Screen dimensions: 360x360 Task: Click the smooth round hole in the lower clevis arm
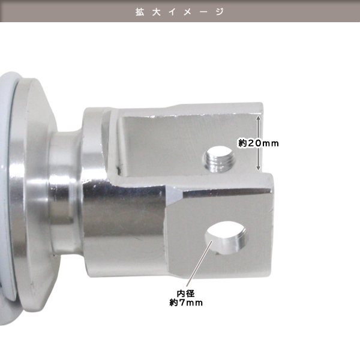point(226,238)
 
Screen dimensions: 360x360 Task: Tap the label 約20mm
point(258,143)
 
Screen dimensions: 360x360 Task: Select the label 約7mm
point(186,302)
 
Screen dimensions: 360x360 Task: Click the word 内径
point(186,293)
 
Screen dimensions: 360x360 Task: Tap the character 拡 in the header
point(140,12)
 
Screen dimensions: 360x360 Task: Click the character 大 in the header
point(156,12)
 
